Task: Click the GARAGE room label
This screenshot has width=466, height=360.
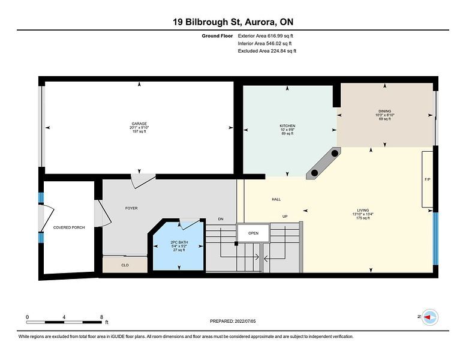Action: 139,124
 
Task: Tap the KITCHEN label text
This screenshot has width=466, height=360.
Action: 287,126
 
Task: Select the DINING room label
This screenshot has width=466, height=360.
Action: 385,111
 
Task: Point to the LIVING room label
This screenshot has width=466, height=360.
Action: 363,210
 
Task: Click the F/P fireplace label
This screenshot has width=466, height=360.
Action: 428,179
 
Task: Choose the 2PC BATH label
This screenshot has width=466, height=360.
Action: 179,242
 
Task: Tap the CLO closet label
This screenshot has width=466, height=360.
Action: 125,265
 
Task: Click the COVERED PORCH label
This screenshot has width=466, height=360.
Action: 69,227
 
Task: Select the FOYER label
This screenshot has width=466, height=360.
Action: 131,208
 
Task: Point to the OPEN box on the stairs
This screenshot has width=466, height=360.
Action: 253,233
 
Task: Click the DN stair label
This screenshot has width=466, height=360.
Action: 221,219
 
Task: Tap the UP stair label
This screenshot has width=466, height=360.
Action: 285,217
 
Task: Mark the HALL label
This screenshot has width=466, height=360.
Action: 276,199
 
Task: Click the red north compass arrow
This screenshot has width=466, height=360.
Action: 428,317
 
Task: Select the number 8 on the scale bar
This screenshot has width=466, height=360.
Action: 101,317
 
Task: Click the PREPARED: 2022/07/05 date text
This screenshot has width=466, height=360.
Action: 233,321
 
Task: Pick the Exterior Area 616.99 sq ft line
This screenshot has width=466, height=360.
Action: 266,35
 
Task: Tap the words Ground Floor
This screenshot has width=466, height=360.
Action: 217,35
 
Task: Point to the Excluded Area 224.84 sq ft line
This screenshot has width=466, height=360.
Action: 267,51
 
